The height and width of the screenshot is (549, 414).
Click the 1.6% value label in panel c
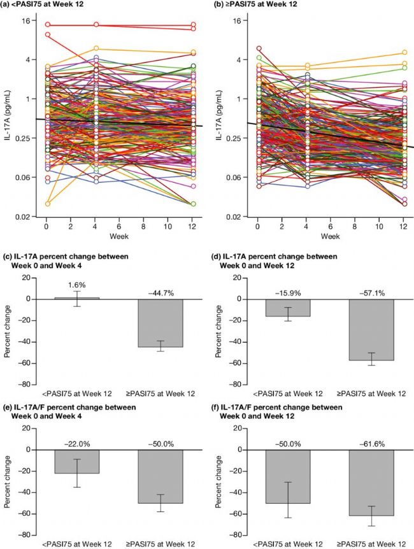click(x=76, y=286)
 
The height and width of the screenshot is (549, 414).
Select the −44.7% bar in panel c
click(x=160, y=323)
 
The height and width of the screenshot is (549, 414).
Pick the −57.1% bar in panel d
click(x=370, y=330)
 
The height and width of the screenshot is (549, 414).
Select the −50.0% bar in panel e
click(x=160, y=476)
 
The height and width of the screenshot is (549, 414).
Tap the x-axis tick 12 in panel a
click(x=194, y=227)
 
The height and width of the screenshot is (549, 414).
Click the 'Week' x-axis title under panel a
click(x=120, y=237)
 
